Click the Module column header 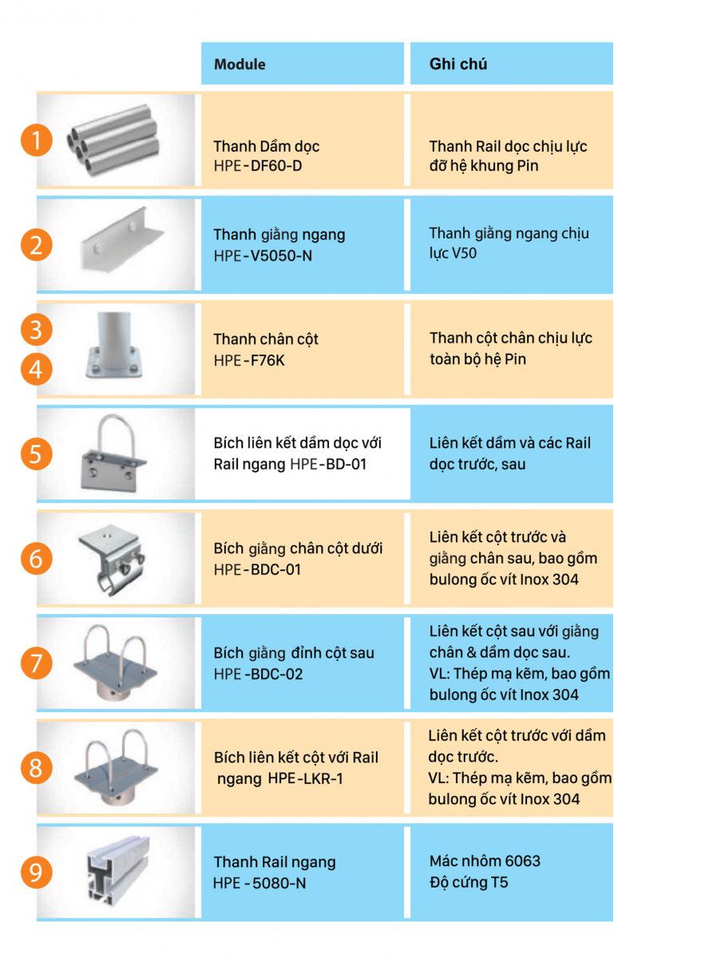240,64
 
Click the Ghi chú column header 458,64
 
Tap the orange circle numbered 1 37,141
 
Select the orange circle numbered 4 37,369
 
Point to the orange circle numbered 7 37,663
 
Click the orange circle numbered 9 37,873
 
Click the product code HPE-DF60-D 258,165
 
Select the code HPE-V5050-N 263,255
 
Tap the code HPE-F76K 249,360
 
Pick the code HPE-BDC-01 257,569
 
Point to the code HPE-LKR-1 305,778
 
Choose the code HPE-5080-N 259,883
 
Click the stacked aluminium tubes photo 113,141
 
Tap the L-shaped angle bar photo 122,239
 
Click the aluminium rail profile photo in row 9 118,871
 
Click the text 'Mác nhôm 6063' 485,861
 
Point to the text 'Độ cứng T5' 469,882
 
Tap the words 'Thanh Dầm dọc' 267,146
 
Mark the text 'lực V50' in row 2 453,253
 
